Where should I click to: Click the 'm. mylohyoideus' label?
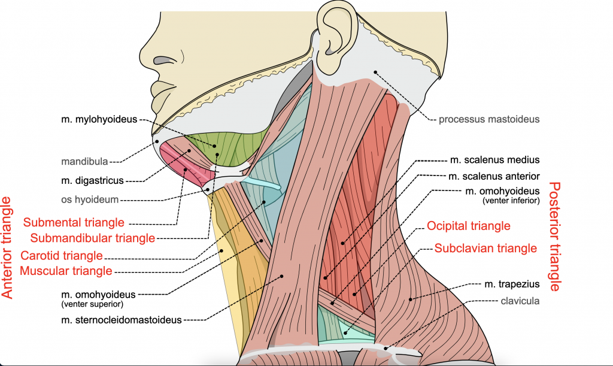tap(99, 120)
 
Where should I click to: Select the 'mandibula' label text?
tap(84, 161)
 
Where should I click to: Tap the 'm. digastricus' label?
tap(92, 180)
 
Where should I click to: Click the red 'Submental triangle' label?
tap(74, 223)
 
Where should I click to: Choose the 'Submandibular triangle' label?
tap(93, 238)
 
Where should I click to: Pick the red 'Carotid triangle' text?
tap(62, 256)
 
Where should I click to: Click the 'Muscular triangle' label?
tap(66, 271)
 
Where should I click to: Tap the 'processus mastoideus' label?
tap(489, 119)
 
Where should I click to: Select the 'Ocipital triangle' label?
tap(469, 226)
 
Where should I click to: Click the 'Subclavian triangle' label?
tap(485, 247)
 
